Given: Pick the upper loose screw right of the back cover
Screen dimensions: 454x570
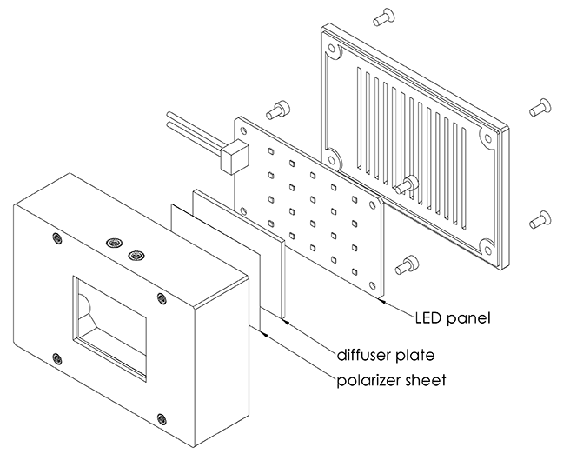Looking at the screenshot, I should pyautogui.click(x=540, y=106).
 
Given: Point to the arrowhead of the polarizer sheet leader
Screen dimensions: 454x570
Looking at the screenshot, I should pyautogui.click(x=262, y=330).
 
